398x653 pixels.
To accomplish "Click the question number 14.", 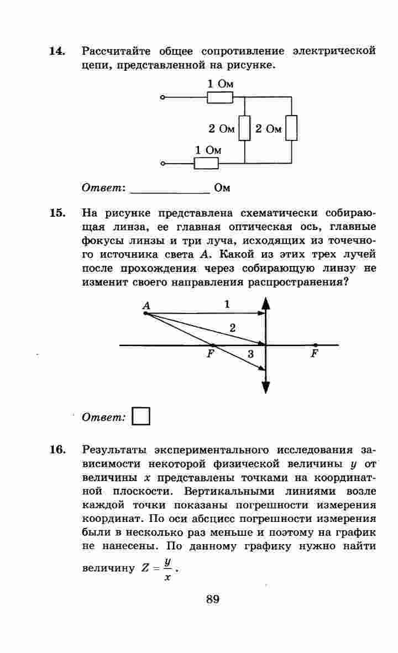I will (x=57, y=51).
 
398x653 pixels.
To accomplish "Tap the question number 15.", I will (x=57, y=213).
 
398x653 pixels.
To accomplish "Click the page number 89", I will (x=213, y=599).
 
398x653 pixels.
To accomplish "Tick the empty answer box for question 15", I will (x=142, y=416).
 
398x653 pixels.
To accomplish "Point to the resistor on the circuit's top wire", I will (x=220, y=98).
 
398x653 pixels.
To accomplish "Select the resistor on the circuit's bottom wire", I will (x=206, y=163).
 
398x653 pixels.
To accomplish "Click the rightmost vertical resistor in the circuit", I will (x=291, y=128).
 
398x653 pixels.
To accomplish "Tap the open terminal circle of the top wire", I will (x=163, y=98).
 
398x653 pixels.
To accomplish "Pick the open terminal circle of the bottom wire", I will (x=163, y=164).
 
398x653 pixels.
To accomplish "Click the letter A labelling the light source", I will (x=146, y=305).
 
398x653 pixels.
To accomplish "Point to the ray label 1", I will (x=227, y=304).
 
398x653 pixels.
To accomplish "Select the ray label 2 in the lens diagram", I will (x=232, y=328).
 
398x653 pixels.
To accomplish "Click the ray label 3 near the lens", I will (x=250, y=354).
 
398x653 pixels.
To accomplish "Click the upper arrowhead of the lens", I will (x=266, y=304).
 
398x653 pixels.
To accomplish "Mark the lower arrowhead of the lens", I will (x=266, y=388).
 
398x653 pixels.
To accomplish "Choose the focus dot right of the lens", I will (x=315, y=345).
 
